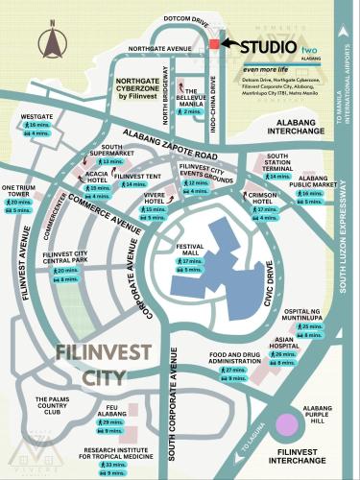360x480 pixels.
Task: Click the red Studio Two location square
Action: [x=214, y=45]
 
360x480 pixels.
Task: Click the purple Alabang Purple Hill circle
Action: [x=286, y=425]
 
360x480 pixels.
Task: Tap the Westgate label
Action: [x=36, y=116]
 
